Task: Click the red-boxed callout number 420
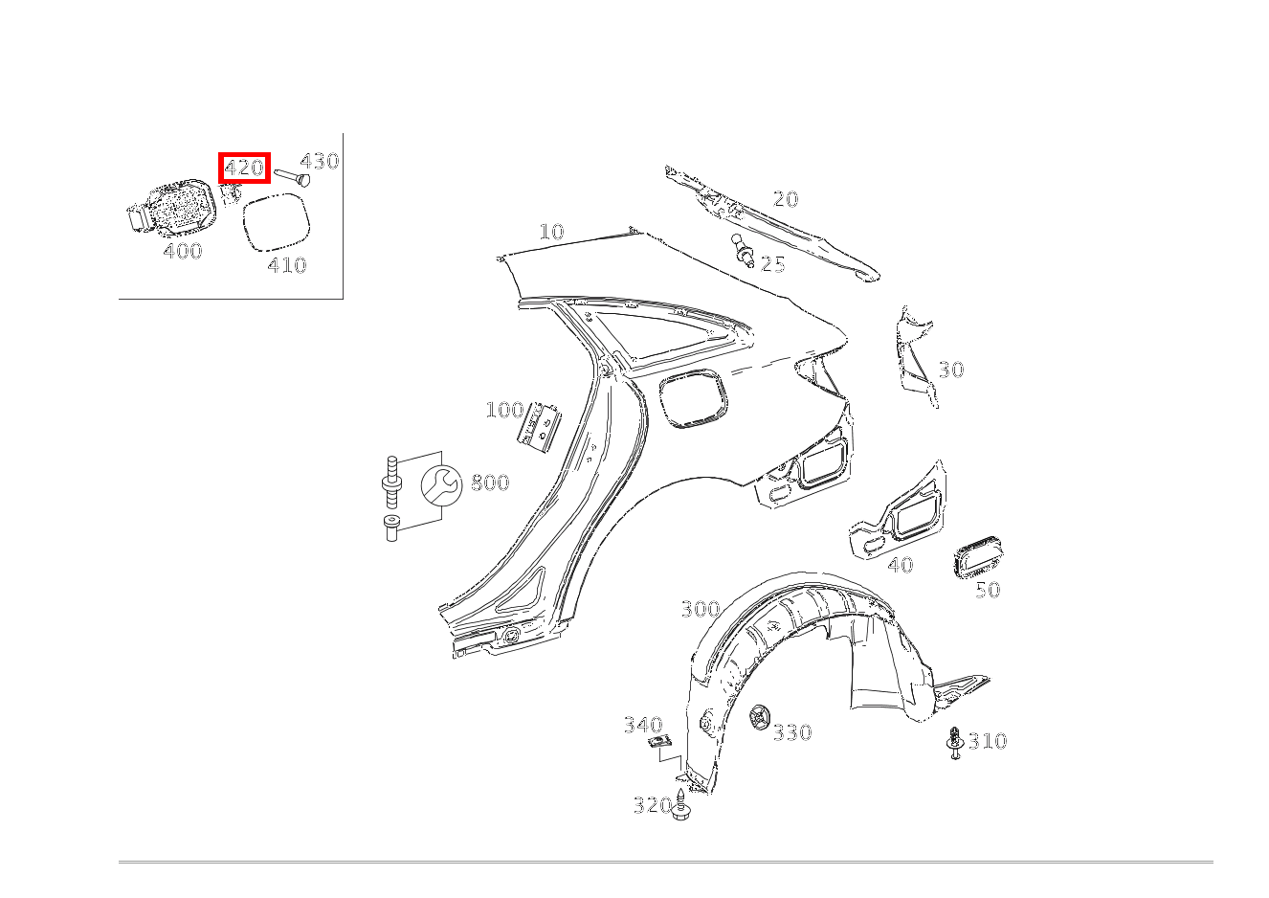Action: coord(244,168)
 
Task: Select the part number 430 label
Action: coord(320,162)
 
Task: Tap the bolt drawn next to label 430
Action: coord(292,178)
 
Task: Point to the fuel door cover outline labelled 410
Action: coord(277,221)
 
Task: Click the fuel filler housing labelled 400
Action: coord(171,208)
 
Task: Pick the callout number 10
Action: coord(551,231)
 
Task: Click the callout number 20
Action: coord(785,199)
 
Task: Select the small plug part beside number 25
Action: coord(742,250)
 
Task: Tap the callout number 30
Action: coord(951,370)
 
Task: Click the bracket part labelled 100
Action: coord(539,427)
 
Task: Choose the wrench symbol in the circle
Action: coord(441,485)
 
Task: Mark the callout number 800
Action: coord(490,483)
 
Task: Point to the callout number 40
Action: coord(901,565)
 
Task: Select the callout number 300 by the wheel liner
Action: coord(701,609)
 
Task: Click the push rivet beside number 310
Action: coord(955,743)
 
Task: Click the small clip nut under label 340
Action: coord(660,742)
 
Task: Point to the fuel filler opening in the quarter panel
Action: coord(694,398)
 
